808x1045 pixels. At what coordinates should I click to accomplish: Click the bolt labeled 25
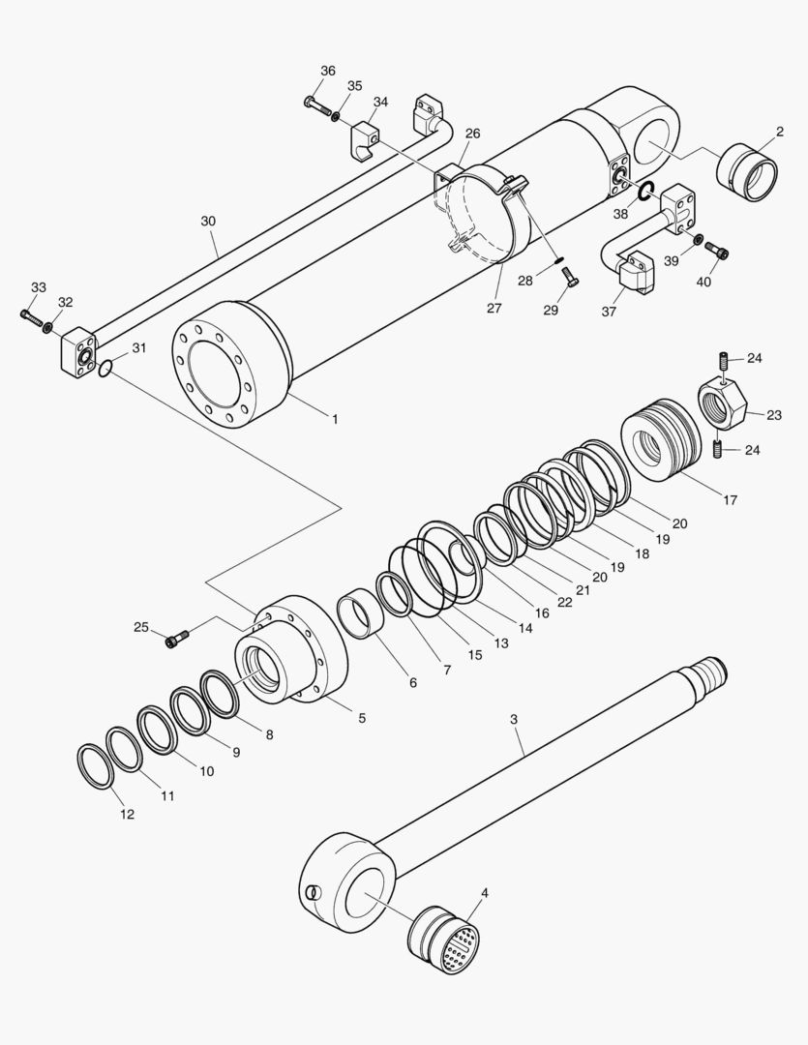point(178,637)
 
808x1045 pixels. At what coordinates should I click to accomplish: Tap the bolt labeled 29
point(570,280)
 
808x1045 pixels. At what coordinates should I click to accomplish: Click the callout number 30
point(208,222)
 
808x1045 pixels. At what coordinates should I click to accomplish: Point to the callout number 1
point(335,419)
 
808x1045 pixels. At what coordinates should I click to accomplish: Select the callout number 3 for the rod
point(514,719)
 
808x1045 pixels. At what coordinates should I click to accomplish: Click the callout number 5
point(362,718)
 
